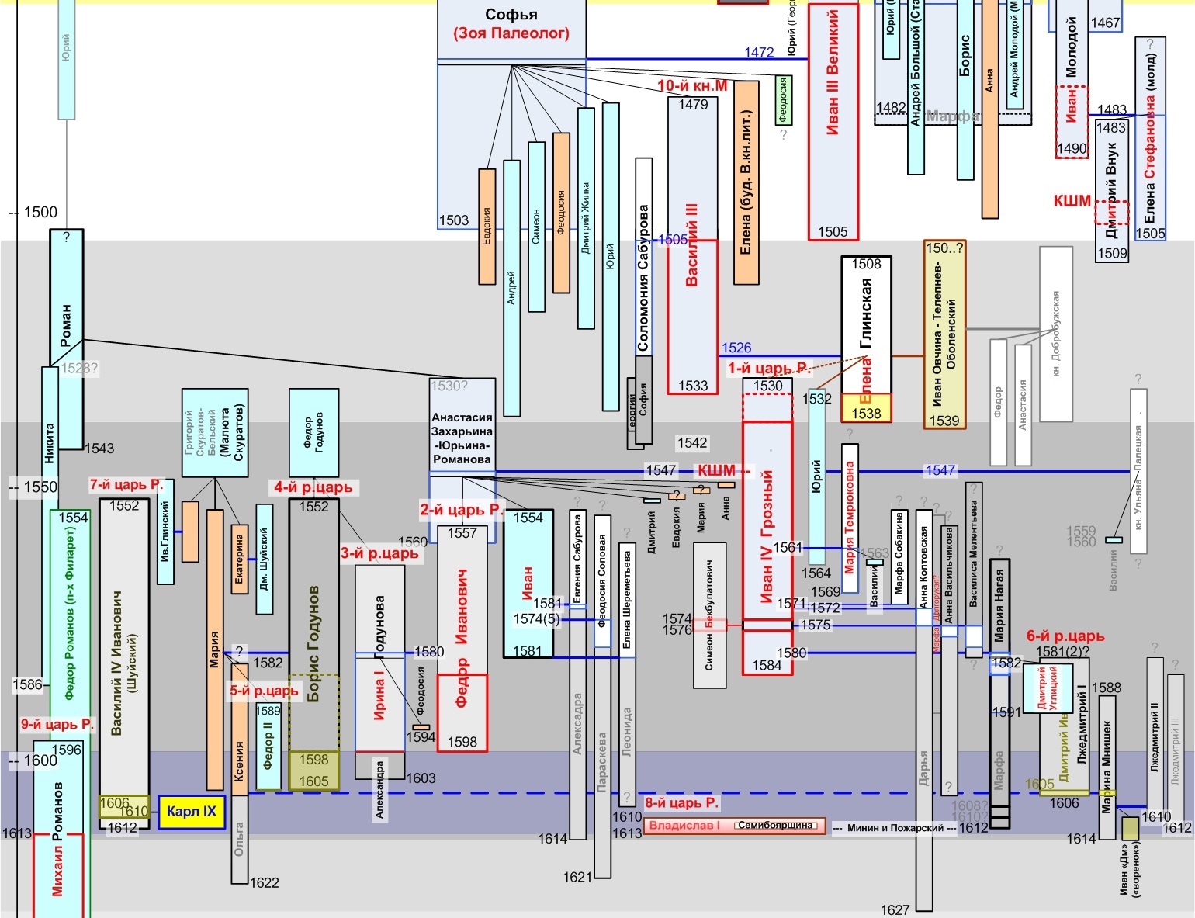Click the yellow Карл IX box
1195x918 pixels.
(192, 812)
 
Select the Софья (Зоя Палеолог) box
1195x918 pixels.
(511, 25)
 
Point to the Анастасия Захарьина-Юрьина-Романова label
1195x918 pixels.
(462, 438)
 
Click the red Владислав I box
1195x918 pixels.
(684, 826)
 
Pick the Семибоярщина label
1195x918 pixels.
(775, 826)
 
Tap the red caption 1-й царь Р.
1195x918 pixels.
(768, 368)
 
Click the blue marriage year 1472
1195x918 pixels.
(759, 53)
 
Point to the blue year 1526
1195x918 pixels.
(736, 348)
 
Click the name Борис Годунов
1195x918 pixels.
(313, 644)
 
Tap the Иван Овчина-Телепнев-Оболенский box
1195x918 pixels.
(944, 334)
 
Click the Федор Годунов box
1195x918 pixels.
(313, 432)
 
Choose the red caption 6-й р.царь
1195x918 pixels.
(1065, 636)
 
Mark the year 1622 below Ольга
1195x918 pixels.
(265, 882)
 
